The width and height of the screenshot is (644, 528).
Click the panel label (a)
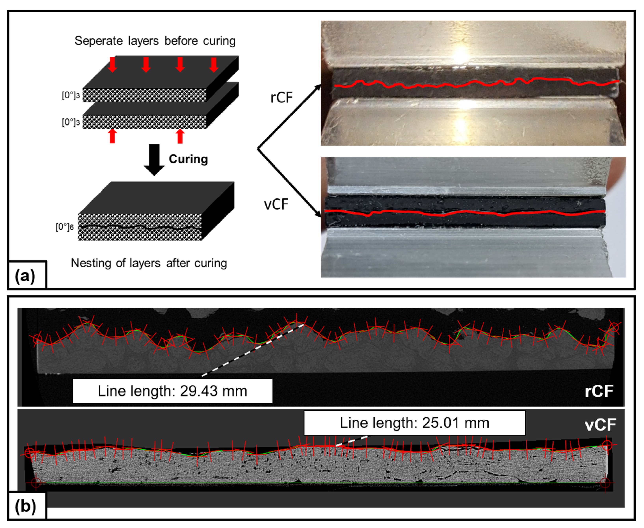[25, 276]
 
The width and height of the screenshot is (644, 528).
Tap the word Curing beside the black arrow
[188, 159]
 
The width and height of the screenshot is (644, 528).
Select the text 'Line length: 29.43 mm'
[172, 391]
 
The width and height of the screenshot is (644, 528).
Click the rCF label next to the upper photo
[281, 97]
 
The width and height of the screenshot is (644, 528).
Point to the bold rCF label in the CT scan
[599, 391]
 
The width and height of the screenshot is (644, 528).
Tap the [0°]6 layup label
[64, 227]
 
